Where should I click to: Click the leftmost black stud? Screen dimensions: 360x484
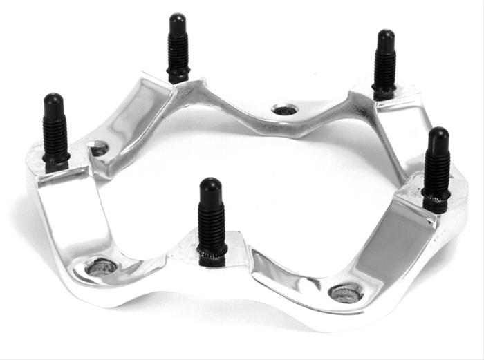point(55,131)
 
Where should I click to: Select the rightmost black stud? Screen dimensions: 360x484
point(437,169)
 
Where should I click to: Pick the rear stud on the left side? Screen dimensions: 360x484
point(178,48)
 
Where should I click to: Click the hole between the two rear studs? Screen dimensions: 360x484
point(284,109)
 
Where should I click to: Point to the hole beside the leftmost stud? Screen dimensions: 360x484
point(99,149)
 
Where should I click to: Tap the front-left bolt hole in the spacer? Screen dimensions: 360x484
point(101,267)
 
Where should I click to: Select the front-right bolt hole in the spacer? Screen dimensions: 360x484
point(346,292)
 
